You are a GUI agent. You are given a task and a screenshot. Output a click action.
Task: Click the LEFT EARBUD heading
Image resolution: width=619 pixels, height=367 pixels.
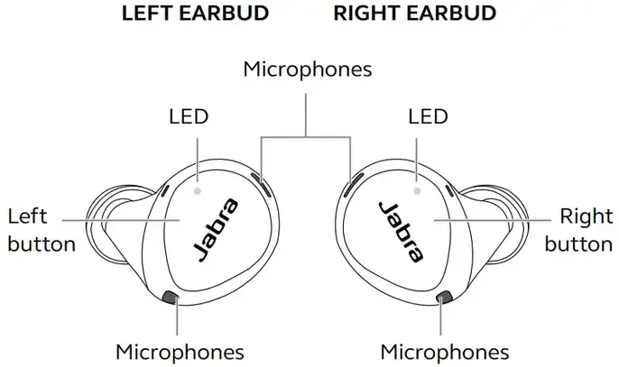click(196, 13)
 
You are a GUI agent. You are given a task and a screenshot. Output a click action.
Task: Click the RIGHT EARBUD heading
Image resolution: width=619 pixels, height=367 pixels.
click(415, 13)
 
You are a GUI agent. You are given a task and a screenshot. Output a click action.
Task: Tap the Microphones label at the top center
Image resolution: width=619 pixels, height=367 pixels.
click(308, 69)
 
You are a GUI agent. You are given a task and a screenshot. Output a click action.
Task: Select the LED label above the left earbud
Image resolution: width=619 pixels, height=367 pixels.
click(189, 116)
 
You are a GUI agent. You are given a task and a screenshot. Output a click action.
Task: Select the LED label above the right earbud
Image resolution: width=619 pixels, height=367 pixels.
click(428, 116)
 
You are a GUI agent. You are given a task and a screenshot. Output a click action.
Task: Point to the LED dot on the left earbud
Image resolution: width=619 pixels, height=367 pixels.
click(198, 191)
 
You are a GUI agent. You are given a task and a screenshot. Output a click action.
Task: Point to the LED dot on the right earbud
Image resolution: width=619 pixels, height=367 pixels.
click(417, 191)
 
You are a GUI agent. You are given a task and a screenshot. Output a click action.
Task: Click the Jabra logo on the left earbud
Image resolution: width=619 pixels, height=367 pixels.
click(217, 230)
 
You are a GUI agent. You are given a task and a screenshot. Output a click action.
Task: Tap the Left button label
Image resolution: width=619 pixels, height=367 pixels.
click(42, 230)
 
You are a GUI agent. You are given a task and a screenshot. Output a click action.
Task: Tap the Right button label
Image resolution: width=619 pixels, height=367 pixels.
click(578, 230)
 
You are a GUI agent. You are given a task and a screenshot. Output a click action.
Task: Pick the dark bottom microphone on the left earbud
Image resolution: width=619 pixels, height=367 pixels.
click(171, 298)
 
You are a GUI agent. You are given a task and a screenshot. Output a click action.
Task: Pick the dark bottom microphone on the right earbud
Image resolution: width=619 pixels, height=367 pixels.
click(445, 298)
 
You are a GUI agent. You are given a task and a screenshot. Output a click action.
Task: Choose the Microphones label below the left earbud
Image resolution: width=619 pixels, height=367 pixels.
click(180, 352)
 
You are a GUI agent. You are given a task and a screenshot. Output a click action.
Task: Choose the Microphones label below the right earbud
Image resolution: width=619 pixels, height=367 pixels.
click(445, 352)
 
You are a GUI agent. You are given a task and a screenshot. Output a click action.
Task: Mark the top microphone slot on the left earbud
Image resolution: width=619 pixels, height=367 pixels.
click(262, 184)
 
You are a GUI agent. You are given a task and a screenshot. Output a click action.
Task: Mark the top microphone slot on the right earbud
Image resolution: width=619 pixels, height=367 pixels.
click(354, 184)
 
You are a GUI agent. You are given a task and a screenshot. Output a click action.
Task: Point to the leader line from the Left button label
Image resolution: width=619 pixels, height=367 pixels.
click(121, 220)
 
